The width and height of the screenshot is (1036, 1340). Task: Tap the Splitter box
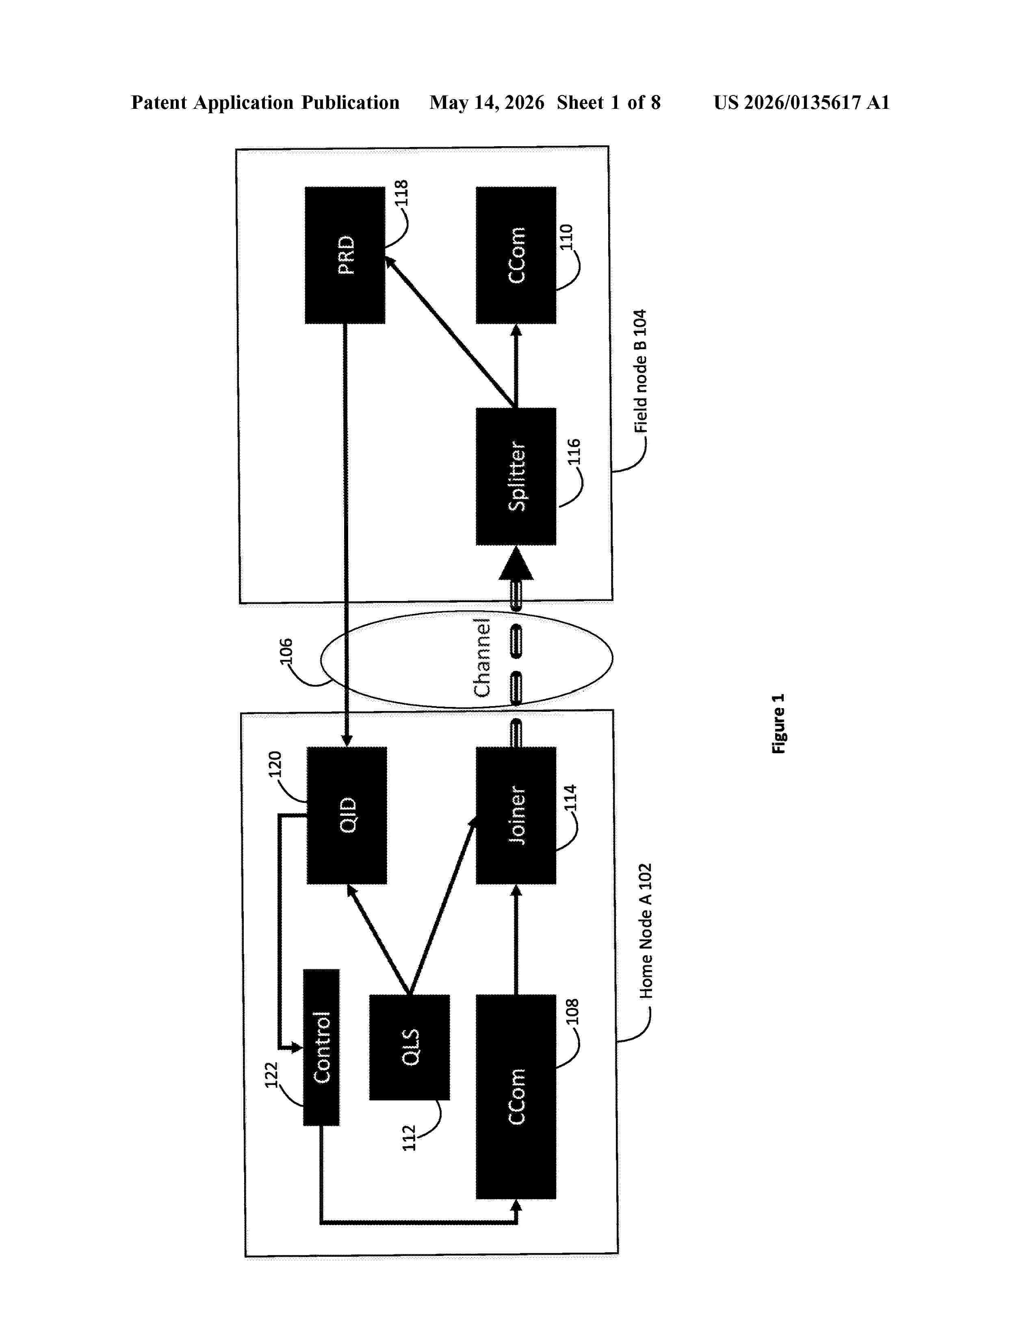[x=516, y=476]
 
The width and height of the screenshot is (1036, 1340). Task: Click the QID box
[x=347, y=815]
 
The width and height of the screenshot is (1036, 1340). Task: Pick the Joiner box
[x=516, y=815]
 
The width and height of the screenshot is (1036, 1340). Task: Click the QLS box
[x=410, y=1047]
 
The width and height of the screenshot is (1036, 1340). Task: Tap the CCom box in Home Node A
[x=516, y=1096]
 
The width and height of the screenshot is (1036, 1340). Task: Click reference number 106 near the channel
[x=286, y=652]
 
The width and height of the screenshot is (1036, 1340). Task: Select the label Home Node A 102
[x=646, y=931]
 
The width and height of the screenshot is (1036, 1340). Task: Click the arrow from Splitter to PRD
[x=449, y=332]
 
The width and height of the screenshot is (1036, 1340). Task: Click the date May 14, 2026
[x=487, y=102]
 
